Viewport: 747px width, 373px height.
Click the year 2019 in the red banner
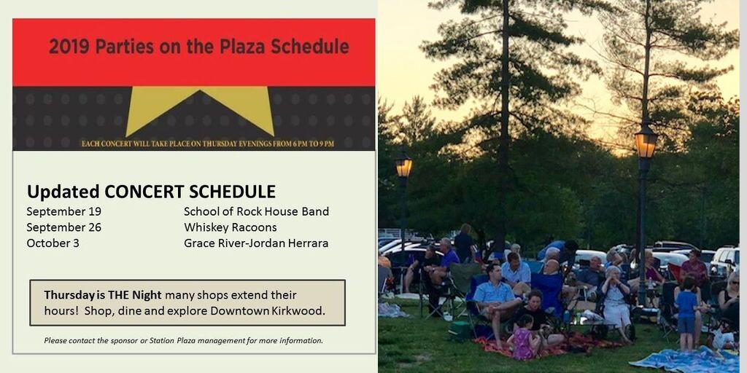(x=69, y=47)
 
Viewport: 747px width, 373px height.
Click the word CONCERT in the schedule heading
(x=144, y=192)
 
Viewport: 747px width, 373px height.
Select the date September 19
(x=63, y=211)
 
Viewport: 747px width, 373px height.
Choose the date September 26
(x=63, y=227)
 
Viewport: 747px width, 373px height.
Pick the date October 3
(x=53, y=243)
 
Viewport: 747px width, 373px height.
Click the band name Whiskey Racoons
(x=230, y=227)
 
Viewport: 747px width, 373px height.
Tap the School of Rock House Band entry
(x=256, y=211)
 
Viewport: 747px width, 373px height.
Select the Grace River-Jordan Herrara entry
(x=256, y=243)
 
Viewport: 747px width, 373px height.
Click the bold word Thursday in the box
(x=69, y=295)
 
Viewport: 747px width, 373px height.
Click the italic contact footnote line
(x=183, y=340)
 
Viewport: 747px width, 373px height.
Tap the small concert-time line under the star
(x=207, y=144)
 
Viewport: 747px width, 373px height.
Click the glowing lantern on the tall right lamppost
(x=646, y=142)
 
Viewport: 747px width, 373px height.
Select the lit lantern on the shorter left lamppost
(x=403, y=167)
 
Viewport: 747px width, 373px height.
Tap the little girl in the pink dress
(x=524, y=339)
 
